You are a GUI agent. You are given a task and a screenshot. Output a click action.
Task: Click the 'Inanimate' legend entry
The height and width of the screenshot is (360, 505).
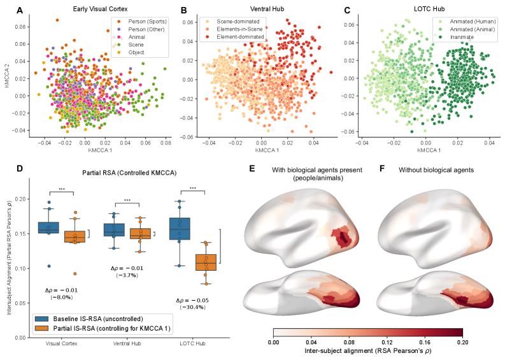pyautogui.click(x=457, y=37)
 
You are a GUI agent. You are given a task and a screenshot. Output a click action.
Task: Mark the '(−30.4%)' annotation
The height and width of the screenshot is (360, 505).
pyautogui.click(x=192, y=307)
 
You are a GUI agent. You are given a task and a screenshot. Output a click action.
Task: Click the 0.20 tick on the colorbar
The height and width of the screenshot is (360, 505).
pyautogui.click(x=462, y=342)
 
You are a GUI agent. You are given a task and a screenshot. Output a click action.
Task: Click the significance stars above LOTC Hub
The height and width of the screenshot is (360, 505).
pyautogui.click(x=192, y=189)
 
